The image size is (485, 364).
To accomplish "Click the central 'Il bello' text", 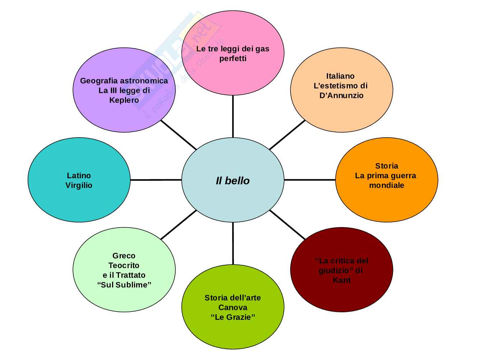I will point(232,181).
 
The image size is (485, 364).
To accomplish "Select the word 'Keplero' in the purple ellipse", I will point(124,100).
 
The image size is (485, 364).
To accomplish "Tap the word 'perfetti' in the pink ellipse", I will point(233,59).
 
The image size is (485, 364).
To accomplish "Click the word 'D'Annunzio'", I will point(341,96).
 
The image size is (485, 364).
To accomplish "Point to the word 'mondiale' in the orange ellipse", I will point(387,185).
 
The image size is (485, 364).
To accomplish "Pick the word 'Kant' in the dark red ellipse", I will point(341,280).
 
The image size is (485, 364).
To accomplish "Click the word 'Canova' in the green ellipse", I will point(233,308).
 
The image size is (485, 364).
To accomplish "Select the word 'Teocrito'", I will point(124,266).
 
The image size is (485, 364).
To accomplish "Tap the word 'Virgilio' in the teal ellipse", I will point(79,185).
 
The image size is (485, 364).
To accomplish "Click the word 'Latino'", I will point(79,176).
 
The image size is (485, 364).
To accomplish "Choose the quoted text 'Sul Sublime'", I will point(124,285).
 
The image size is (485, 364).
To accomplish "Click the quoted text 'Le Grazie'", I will point(233,317).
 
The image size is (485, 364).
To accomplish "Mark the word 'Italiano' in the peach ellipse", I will point(340,76).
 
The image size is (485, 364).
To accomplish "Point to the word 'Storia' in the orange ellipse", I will point(387,166).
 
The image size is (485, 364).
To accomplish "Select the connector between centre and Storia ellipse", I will point(310,180).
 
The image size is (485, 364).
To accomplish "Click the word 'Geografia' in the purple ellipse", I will point(99,81).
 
